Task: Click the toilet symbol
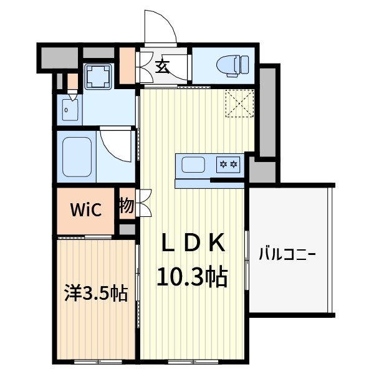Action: point(233,64)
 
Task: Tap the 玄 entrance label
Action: point(162,66)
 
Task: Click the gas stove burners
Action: point(228,165)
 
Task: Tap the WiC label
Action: point(85,209)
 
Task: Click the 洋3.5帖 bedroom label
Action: point(95,293)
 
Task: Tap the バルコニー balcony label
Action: point(288,254)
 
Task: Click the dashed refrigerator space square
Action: point(240,103)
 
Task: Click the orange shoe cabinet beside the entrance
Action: point(128,65)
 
